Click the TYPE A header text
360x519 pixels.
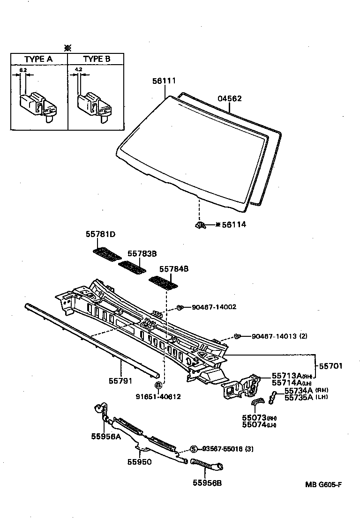(38, 59)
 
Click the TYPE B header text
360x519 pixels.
(97, 59)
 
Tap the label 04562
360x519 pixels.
(230, 98)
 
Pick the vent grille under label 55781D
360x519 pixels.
(107, 254)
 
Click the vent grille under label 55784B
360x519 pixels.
(164, 283)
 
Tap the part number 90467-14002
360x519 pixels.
(214, 307)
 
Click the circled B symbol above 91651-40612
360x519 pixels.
(158, 386)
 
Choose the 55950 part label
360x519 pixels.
(139, 461)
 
